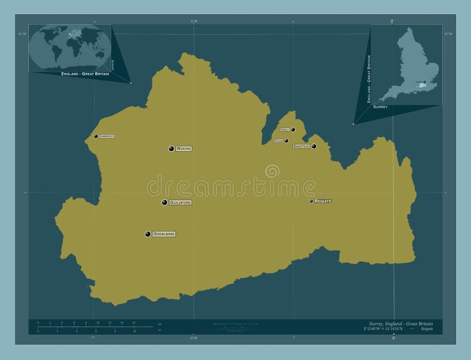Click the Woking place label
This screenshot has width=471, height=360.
pos(184,149)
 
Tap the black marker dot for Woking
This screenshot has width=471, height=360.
pos(171,149)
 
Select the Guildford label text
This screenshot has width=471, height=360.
pos(180,202)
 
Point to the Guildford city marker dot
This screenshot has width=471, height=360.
pos(165,202)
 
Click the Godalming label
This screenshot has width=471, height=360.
pos(164,234)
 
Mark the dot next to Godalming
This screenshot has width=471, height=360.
pos(148,234)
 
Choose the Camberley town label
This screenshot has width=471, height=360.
pos(107,136)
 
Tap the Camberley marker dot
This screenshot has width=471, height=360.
pos(96,136)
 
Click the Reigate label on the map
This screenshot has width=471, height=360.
pos(323,201)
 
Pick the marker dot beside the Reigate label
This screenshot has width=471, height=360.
pos(312,201)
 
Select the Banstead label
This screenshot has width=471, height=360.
pos(301,146)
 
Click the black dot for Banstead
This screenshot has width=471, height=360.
pos(314,146)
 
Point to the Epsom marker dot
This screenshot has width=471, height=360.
pos(286,141)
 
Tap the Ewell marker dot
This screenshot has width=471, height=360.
pos(293,129)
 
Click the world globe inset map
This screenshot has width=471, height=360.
pos(70,47)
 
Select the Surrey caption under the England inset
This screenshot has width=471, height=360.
pos(380,107)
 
